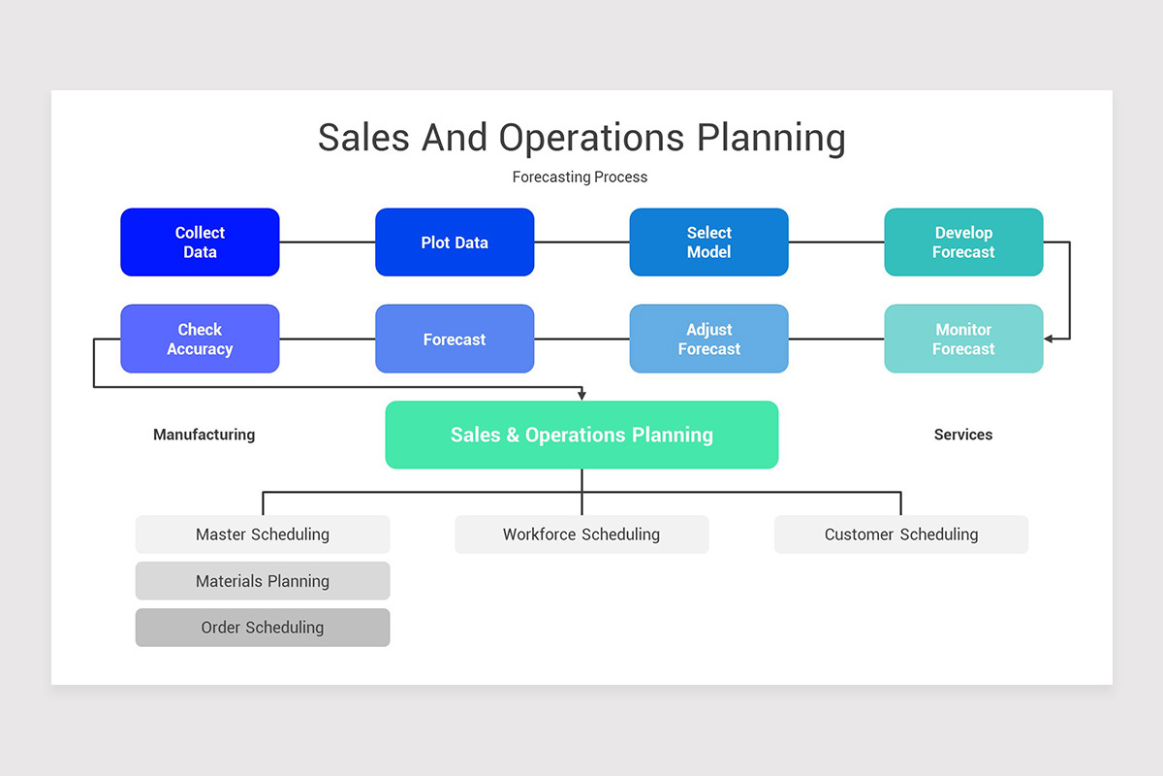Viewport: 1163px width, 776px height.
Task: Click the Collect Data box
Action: click(x=200, y=242)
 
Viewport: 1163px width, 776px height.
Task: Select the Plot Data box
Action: click(x=455, y=242)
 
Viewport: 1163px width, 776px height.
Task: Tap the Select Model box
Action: click(x=708, y=242)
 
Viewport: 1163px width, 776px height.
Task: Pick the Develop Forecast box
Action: click(x=963, y=242)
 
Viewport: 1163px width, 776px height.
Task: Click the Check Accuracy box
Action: click(x=200, y=339)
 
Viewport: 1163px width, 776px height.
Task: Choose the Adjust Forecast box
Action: click(x=708, y=339)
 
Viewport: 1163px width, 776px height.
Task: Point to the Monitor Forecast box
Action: click(x=963, y=339)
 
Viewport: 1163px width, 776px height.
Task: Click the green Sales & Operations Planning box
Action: click(x=581, y=436)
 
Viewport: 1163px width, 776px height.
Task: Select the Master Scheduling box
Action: click(x=263, y=534)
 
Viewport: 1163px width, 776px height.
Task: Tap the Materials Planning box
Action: click(x=263, y=581)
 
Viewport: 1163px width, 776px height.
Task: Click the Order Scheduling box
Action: click(x=263, y=628)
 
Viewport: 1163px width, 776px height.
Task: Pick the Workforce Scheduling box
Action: click(x=581, y=534)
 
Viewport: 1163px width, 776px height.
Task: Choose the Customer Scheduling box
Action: click(x=901, y=534)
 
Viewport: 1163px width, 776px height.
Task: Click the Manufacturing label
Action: click(x=204, y=435)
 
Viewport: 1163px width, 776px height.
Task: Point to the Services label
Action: click(x=963, y=435)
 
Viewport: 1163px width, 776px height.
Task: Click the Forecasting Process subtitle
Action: click(x=580, y=177)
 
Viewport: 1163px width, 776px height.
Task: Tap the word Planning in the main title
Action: click(x=771, y=138)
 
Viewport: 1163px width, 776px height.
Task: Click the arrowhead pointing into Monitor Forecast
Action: click(x=1050, y=339)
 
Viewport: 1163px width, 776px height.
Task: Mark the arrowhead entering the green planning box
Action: click(x=581, y=396)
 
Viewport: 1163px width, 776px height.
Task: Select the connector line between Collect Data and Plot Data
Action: click(x=328, y=242)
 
